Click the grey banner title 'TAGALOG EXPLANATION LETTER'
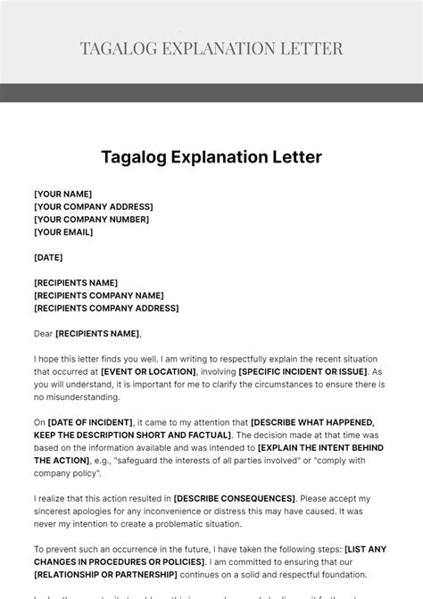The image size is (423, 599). click(x=211, y=47)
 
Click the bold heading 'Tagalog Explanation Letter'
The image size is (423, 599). click(x=211, y=158)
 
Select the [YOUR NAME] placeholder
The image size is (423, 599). click(x=62, y=194)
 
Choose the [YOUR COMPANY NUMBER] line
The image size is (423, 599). click(x=92, y=219)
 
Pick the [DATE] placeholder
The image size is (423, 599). click(x=49, y=257)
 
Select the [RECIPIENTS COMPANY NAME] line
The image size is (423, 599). click(x=99, y=295)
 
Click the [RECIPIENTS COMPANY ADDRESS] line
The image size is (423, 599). click(x=106, y=308)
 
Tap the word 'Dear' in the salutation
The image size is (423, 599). click(x=44, y=334)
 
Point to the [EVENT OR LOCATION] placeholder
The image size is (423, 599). click(x=148, y=371)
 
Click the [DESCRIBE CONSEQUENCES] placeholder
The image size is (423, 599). click(x=235, y=498)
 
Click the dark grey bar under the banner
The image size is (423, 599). click(x=211, y=93)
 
